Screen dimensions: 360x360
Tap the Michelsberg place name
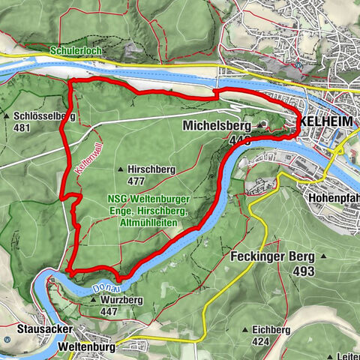tap(217, 126)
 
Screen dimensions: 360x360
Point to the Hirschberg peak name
tap(151, 170)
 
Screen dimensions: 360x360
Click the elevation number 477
tap(136, 181)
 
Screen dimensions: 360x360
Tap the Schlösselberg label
tap(44, 116)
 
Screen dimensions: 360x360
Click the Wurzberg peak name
tap(121, 299)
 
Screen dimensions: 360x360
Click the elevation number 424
tap(260, 340)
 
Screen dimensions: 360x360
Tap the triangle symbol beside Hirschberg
tap(121, 170)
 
